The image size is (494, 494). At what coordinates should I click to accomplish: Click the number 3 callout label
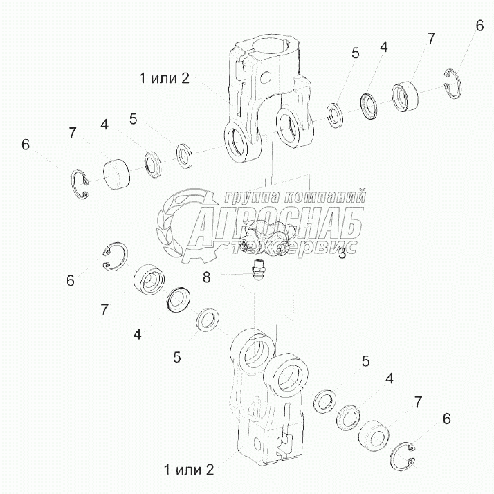click(x=342, y=253)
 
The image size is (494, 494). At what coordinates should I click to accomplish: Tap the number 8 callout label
click(x=206, y=277)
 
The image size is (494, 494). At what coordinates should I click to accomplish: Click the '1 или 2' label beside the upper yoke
click(x=164, y=78)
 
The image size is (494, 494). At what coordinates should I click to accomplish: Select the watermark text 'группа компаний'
click(x=298, y=196)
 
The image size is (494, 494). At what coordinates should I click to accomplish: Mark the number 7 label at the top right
click(x=431, y=39)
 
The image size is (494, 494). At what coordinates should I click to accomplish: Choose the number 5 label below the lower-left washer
click(x=176, y=358)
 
